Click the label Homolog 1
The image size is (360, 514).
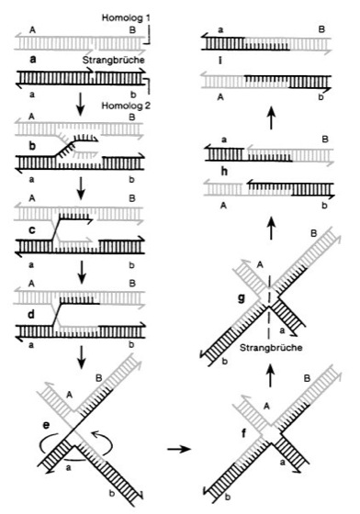126,17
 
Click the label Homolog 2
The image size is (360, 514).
126,106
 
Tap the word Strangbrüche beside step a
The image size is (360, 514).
113,61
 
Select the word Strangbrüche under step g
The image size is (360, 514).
271,348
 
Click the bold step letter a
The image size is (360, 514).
33,60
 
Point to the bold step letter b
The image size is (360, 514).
32,145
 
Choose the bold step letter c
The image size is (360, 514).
32,230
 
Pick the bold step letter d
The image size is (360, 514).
31,314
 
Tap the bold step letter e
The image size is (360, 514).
47,425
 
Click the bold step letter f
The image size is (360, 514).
243,433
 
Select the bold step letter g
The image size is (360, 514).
242,299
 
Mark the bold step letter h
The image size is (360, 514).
224,172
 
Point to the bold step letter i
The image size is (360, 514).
220,60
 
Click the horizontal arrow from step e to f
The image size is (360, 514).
179,449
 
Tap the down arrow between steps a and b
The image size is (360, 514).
80,106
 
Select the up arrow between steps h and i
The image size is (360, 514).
271,117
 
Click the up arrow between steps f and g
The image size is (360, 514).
271,376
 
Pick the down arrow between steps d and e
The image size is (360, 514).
82,357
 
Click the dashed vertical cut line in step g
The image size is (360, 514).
269,308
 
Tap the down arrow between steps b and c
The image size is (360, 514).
81,189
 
